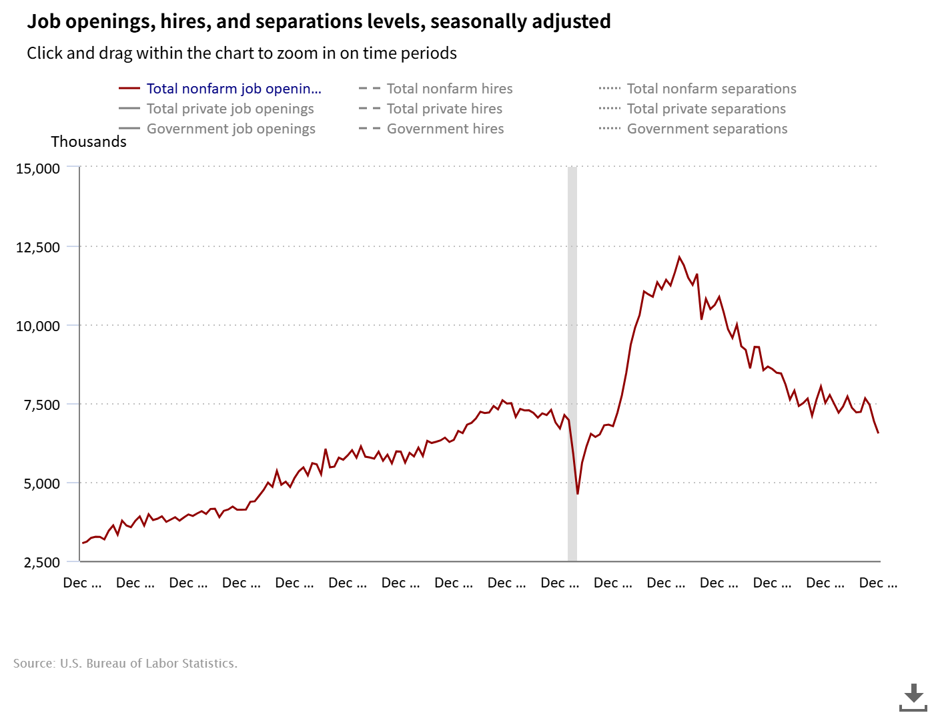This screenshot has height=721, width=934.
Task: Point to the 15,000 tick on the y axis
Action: pyautogui.click(x=38, y=169)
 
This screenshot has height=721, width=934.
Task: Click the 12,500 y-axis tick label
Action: pyautogui.click(x=38, y=248)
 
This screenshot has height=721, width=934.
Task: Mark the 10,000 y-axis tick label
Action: pyautogui.click(x=38, y=326)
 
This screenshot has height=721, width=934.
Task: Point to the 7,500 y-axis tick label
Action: pyautogui.click(x=42, y=405)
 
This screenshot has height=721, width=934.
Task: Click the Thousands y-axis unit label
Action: pyautogui.click(x=89, y=142)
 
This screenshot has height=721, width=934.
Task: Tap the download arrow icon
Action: pyautogui.click(x=913, y=698)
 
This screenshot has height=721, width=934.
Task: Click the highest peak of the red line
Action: pyautogui.click(x=679, y=257)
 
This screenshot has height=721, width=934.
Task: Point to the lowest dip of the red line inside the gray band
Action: pyautogui.click(x=578, y=494)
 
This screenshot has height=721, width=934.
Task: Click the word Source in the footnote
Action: pyautogui.click(x=33, y=664)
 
